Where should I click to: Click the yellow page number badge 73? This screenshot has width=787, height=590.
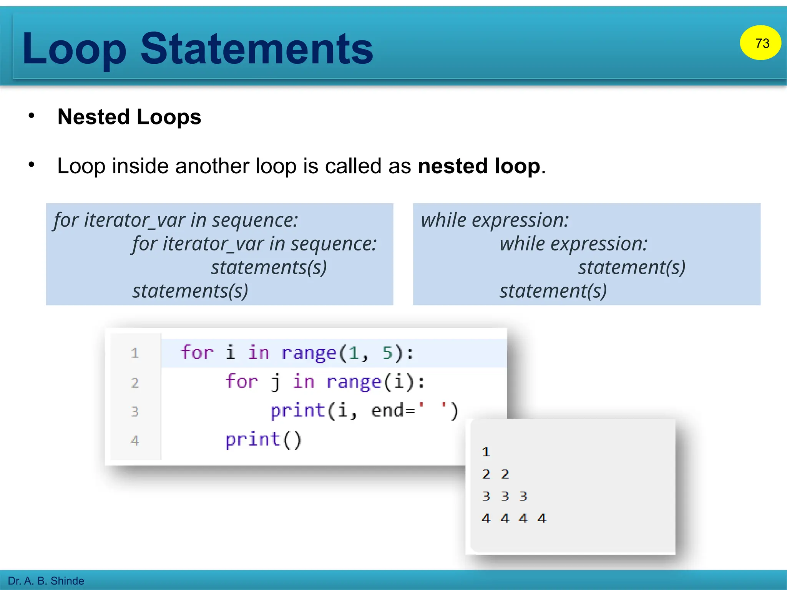click(x=760, y=43)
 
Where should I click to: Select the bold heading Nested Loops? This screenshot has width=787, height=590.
click(x=129, y=117)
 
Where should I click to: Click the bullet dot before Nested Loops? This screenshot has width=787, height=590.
click(x=32, y=116)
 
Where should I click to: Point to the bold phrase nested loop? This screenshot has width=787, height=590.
click(x=479, y=166)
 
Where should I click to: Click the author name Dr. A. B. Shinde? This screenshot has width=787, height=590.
click(x=46, y=580)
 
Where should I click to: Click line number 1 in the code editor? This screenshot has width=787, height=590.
click(x=134, y=353)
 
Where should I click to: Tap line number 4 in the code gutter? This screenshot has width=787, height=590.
click(x=134, y=440)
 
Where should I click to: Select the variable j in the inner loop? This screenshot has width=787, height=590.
click(x=275, y=382)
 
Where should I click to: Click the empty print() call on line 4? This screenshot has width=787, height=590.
click(x=263, y=439)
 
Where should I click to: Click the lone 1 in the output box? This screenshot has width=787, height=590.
click(x=486, y=452)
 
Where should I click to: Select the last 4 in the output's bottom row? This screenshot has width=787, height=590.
click(x=541, y=518)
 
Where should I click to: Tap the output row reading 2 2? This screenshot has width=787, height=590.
click(x=495, y=474)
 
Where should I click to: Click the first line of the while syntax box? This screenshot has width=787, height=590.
click(x=495, y=220)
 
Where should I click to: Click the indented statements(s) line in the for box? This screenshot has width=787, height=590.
click(x=269, y=267)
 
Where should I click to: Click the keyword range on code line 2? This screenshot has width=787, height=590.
click(x=354, y=382)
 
